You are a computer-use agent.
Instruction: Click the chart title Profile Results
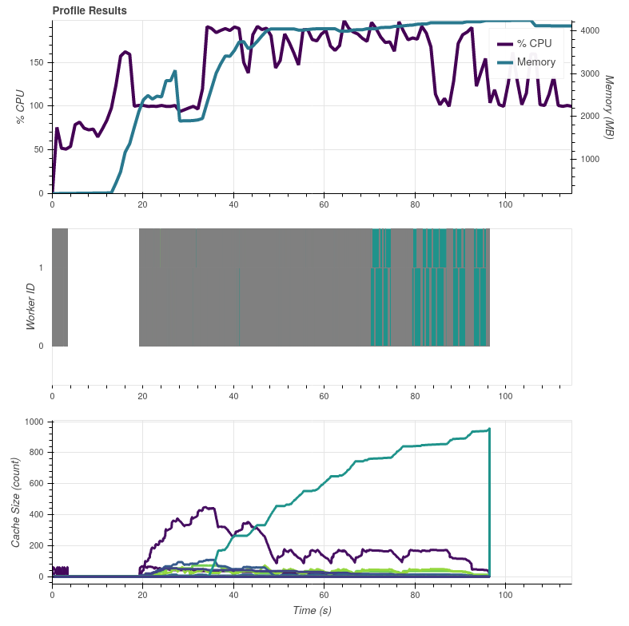click(x=89, y=10)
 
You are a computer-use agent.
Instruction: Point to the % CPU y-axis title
click(x=21, y=106)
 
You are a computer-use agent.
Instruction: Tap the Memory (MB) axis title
click(x=609, y=108)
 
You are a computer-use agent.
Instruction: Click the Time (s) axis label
click(x=311, y=611)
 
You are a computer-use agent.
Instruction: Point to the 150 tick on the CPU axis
click(x=37, y=62)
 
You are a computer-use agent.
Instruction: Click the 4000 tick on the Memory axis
click(x=592, y=30)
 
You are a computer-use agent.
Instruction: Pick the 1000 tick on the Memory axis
click(x=592, y=159)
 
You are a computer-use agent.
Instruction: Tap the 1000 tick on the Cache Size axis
click(x=33, y=422)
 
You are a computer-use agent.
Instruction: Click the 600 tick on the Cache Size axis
click(x=35, y=484)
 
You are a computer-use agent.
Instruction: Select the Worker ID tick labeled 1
click(x=41, y=267)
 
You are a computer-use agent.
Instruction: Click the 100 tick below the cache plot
click(x=505, y=595)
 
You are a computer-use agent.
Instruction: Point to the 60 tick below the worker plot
click(x=324, y=395)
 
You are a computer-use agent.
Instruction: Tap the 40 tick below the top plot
click(x=233, y=205)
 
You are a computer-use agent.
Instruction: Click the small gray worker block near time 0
click(x=60, y=287)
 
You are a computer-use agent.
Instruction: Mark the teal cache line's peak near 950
click(x=488, y=430)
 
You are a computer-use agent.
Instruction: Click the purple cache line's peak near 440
click(x=208, y=507)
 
